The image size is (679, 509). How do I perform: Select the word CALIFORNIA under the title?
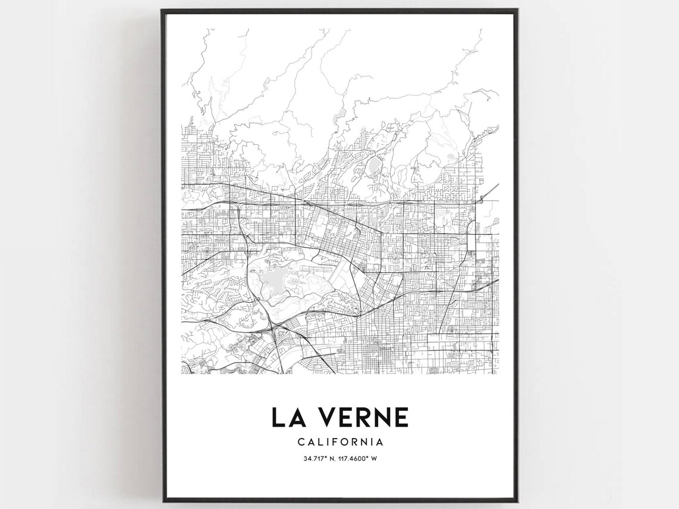click(x=340, y=442)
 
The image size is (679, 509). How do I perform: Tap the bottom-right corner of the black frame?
click(x=517, y=502)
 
